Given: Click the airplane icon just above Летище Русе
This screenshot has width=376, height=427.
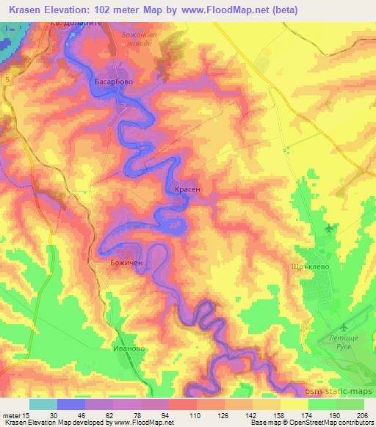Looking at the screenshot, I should coord(345,327).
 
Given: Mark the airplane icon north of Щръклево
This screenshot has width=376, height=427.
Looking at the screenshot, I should coord(328,228).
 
